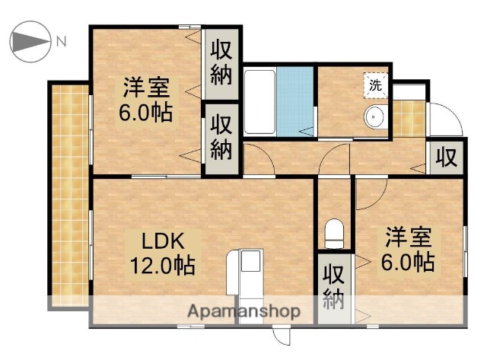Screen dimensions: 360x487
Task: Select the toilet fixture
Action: coord(333,232)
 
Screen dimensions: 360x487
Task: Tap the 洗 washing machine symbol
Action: coord(376,85)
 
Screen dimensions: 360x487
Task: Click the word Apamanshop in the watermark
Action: coord(243,311)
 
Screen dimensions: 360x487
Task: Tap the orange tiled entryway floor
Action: coord(408,117)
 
